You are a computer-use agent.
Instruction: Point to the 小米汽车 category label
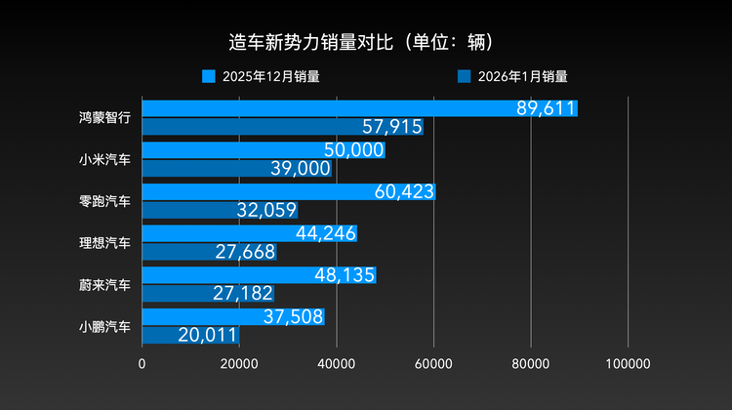[105, 159]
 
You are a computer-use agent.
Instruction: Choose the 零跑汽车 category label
[105, 200]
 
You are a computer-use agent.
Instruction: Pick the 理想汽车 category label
[105, 242]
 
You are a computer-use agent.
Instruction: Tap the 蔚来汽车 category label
[105, 284]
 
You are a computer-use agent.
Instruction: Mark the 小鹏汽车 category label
[105, 326]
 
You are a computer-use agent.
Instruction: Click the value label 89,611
[546, 108]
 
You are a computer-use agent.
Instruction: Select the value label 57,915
[391, 127]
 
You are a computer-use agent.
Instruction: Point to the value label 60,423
[404, 192]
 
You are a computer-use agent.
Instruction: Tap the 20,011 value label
[207, 335]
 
